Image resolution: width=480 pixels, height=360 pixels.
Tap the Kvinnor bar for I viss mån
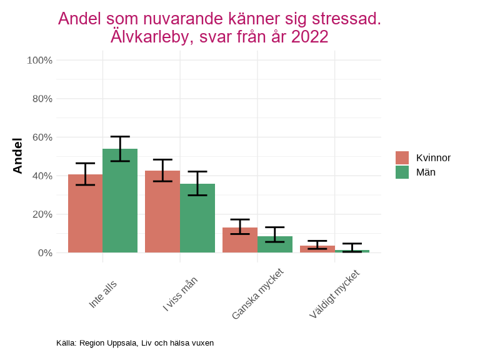tap(162, 212)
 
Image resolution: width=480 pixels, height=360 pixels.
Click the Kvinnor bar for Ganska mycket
tap(240, 241)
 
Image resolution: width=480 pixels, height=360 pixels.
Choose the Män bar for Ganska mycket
tap(275, 245)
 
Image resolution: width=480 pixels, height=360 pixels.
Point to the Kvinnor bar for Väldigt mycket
tap(317, 249)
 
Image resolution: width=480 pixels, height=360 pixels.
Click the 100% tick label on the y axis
tap(39, 61)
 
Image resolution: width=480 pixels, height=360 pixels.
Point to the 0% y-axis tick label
tap(44, 253)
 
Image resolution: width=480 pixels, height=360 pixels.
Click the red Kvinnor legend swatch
tap(402, 157)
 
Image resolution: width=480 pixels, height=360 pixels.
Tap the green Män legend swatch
tap(402, 172)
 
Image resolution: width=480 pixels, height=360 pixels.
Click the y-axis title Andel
tap(17, 156)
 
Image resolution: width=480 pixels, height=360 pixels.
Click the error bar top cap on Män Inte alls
tap(120, 136)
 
